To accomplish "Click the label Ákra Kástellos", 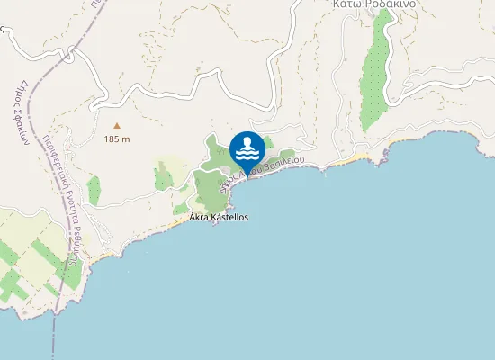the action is [219, 218].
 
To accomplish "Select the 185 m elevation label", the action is [117, 139].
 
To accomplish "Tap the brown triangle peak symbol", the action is [116, 126].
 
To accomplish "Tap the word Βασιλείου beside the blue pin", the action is [285, 163].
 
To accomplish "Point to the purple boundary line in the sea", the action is [57, 324].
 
